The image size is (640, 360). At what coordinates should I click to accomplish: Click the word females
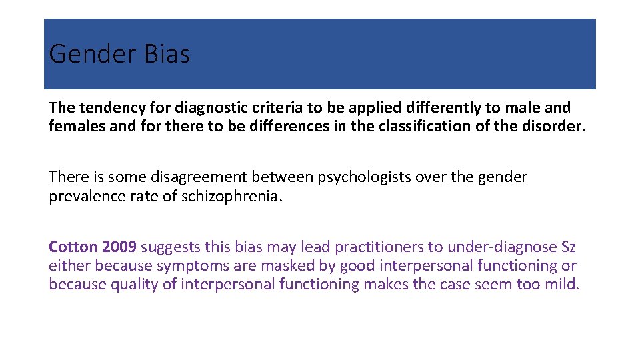pyautogui.click(x=73, y=126)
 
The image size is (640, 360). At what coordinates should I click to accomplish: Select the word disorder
pyautogui.click(x=555, y=126)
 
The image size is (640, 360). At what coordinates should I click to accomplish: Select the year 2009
pyautogui.click(x=119, y=247)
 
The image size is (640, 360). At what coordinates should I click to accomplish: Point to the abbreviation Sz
pyautogui.click(x=568, y=247)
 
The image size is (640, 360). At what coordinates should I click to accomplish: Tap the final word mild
pyautogui.click(x=564, y=285)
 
